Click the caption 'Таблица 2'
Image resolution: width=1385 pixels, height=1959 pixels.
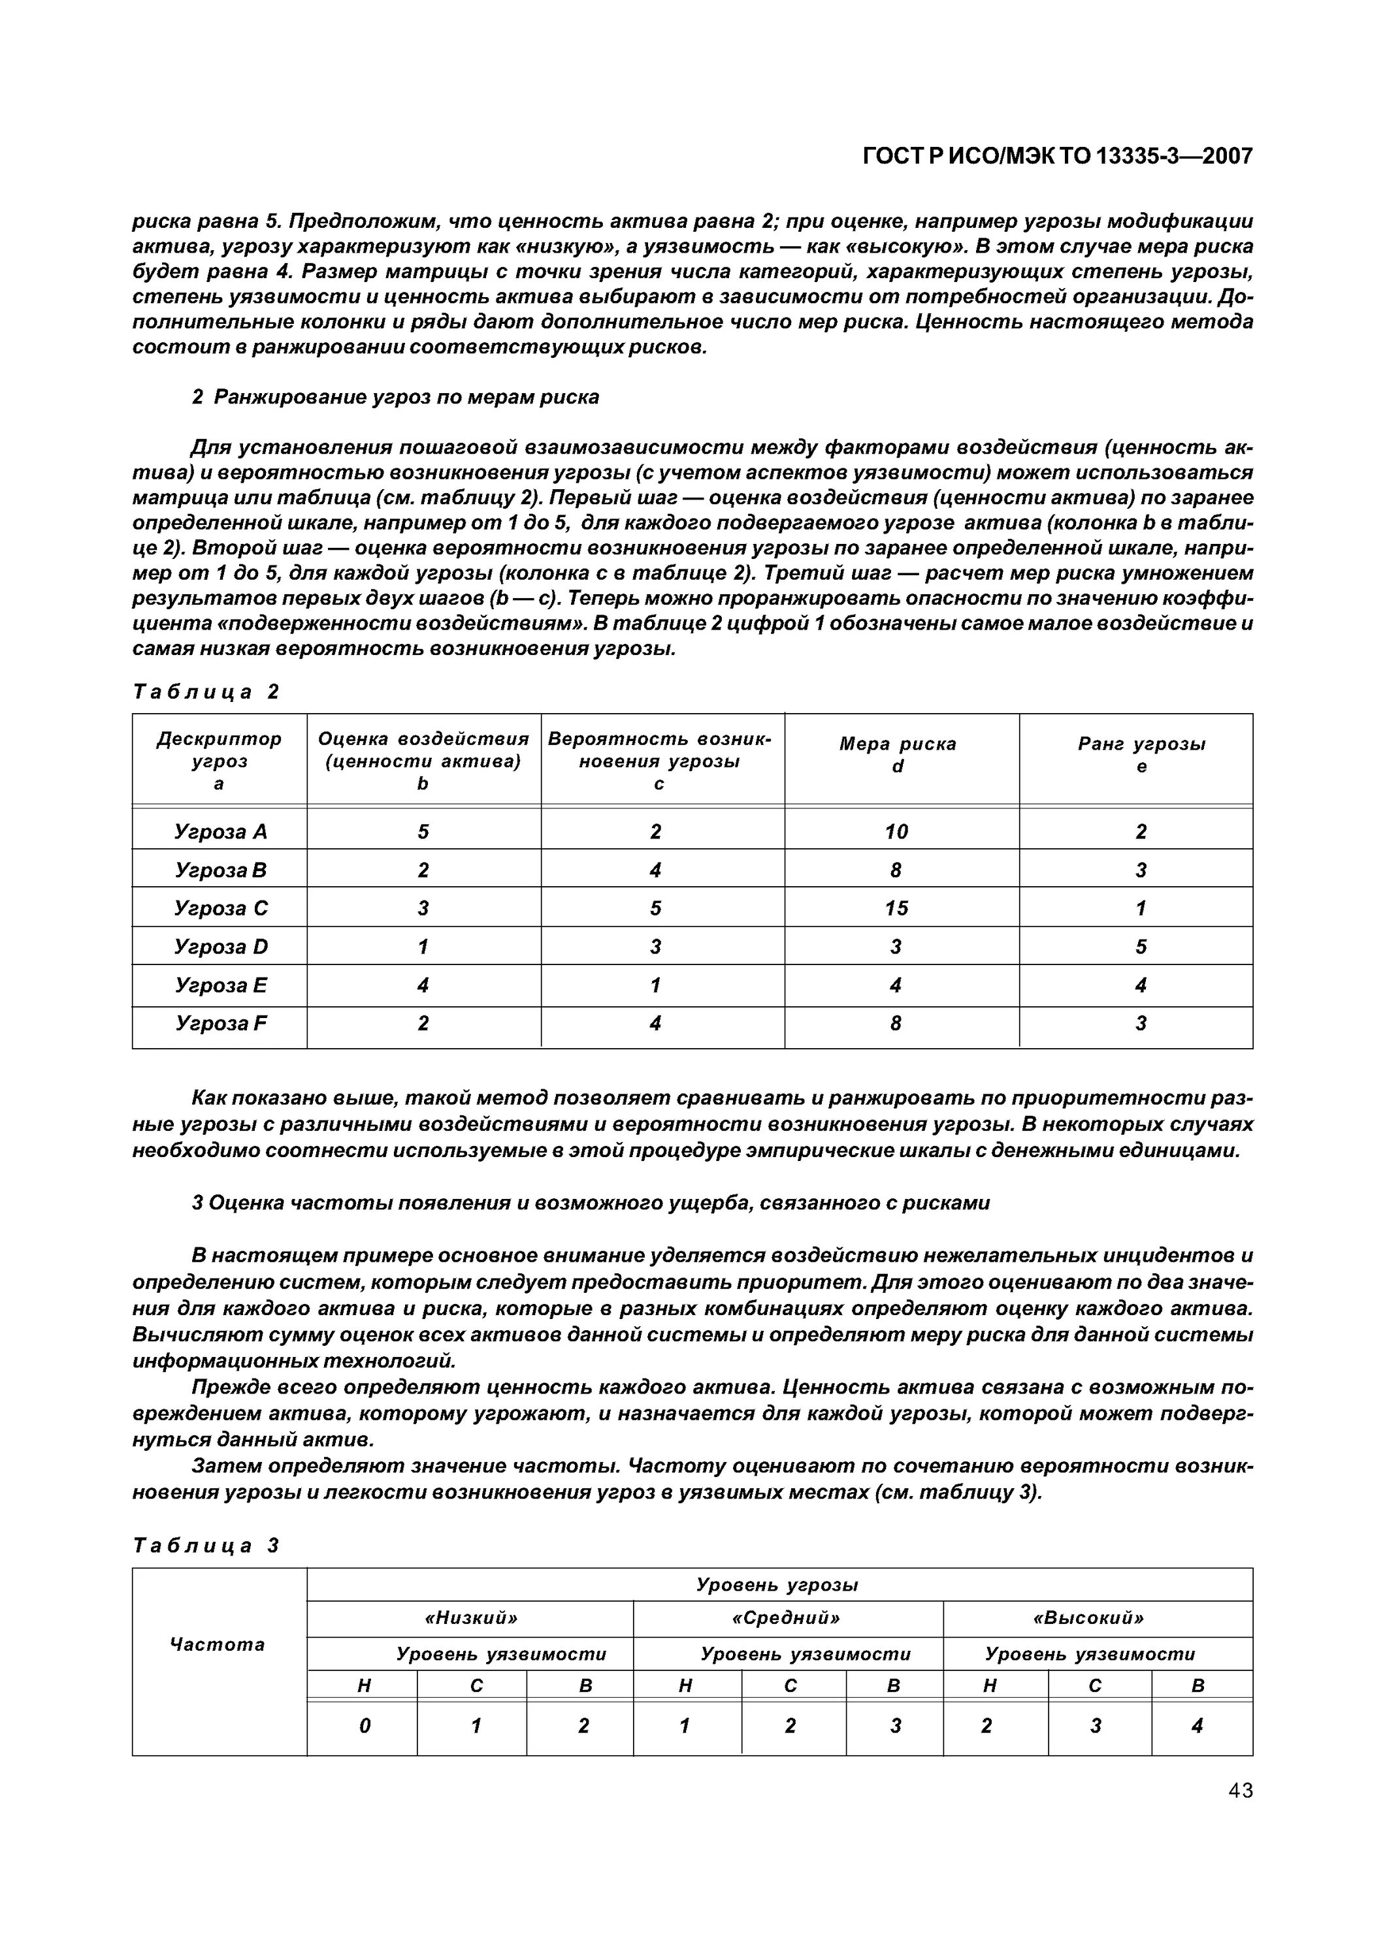(x=206, y=692)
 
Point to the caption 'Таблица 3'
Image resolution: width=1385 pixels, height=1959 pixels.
(x=206, y=1546)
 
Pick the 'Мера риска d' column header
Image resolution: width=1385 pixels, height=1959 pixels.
(x=898, y=755)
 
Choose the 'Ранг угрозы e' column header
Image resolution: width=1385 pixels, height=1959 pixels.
(x=1141, y=755)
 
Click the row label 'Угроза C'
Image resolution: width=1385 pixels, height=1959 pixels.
(x=220, y=908)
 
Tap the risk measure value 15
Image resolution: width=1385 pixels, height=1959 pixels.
(x=896, y=908)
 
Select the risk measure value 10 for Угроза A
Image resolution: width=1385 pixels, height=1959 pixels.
(x=896, y=831)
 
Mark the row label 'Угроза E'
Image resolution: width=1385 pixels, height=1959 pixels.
(x=220, y=985)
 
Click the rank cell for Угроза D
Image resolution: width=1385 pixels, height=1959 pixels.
(x=1141, y=946)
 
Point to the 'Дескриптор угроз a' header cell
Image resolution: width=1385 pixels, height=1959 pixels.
(x=220, y=760)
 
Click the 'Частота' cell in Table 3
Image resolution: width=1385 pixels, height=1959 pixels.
(x=218, y=1644)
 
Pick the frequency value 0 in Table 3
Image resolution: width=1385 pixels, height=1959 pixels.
(x=365, y=1726)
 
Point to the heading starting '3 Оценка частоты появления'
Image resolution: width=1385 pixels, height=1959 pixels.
(x=591, y=1203)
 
